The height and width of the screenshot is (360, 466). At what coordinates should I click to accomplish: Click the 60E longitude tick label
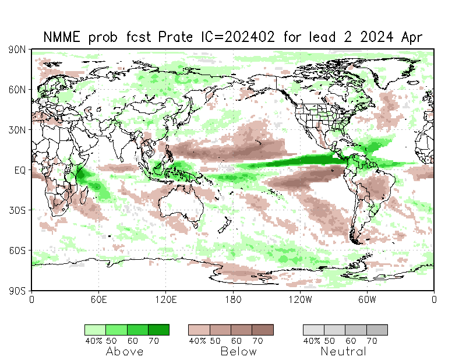(98, 299)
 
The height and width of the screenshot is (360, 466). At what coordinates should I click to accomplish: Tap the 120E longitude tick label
(166, 299)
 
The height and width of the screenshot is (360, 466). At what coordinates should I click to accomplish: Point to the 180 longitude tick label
(233, 299)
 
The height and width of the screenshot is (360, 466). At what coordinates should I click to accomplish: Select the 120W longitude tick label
(300, 299)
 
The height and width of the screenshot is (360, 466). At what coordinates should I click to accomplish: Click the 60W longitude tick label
(367, 299)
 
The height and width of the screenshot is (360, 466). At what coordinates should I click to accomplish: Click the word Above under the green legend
(125, 351)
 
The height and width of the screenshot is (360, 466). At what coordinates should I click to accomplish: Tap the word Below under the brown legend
(238, 351)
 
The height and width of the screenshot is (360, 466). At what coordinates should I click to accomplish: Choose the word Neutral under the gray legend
(343, 351)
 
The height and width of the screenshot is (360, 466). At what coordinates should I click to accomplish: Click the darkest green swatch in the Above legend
(158, 330)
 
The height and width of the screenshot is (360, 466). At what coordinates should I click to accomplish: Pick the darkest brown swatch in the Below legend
(263, 330)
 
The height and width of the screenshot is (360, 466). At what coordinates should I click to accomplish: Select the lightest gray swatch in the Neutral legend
(313, 330)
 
